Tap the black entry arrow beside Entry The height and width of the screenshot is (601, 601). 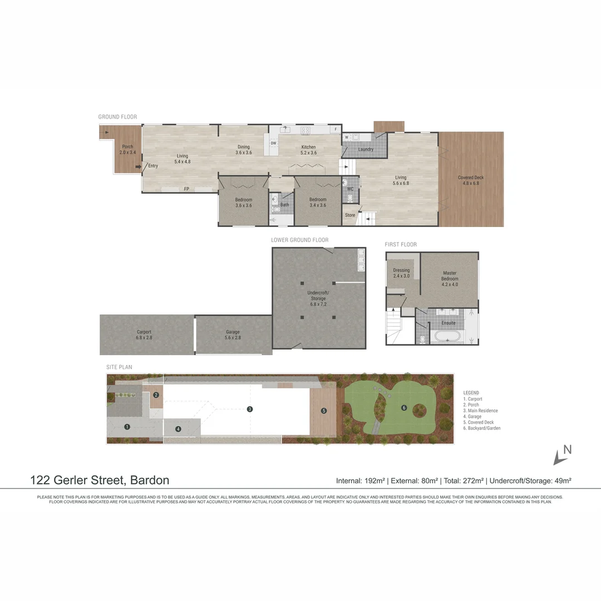(138, 166)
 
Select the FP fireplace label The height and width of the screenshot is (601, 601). (186, 189)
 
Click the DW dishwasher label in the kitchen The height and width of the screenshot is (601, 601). (273, 143)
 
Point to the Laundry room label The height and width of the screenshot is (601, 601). (366, 149)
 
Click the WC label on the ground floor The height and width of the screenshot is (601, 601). (350, 189)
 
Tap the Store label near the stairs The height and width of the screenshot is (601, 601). (350, 215)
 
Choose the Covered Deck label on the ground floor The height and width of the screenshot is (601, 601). (471, 180)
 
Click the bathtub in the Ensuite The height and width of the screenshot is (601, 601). (448, 337)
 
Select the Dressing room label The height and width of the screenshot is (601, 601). (401, 273)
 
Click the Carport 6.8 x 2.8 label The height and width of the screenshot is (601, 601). (144, 334)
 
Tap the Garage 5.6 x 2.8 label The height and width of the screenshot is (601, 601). (233, 335)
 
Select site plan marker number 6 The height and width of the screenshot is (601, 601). (404, 408)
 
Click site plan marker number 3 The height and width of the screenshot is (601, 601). (250, 409)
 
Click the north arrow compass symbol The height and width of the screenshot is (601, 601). (561, 455)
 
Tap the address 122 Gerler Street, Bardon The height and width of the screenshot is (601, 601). (100, 480)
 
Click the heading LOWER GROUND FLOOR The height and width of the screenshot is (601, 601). (300, 240)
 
